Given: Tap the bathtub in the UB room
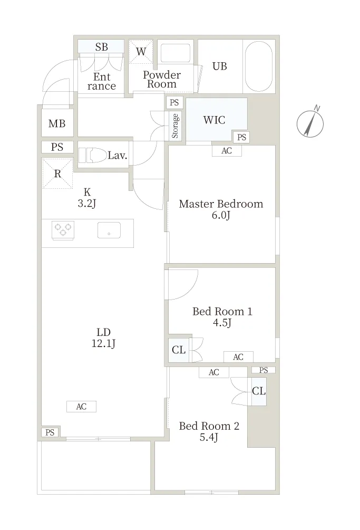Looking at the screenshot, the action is (259, 66).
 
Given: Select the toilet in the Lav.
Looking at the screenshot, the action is (92, 156).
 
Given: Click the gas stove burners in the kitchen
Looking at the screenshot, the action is (63, 230).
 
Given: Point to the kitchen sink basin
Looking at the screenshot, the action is (109, 230).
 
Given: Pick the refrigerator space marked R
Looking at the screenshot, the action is (57, 174).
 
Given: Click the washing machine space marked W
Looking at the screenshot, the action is (141, 51).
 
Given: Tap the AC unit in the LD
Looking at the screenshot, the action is (81, 407).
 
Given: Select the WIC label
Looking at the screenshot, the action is (214, 120).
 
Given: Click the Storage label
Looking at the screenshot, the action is (175, 126).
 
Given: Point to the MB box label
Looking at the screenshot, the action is (57, 124).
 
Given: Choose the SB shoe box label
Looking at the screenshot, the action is (101, 46).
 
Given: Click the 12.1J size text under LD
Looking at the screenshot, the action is (103, 343).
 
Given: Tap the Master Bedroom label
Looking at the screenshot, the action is (221, 204).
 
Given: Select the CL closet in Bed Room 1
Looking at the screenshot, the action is (179, 350).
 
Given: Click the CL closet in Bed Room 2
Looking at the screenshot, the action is (259, 391).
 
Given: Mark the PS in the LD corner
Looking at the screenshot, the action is (50, 432).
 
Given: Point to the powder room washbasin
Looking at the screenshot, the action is (176, 53).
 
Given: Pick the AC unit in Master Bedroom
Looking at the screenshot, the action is (227, 151).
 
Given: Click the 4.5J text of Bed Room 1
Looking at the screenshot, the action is (222, 323).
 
